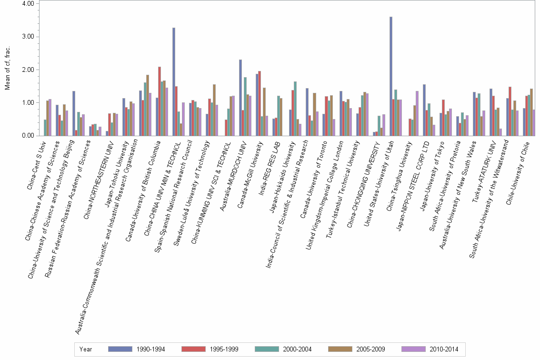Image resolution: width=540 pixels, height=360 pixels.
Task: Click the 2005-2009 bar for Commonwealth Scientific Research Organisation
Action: (x=148, y=105)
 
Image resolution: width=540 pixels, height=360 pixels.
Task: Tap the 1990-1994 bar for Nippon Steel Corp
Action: (x=424, y=110)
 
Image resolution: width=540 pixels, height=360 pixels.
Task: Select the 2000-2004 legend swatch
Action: (x=268, y=349)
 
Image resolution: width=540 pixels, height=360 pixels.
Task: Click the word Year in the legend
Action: (x=86, y=349)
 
